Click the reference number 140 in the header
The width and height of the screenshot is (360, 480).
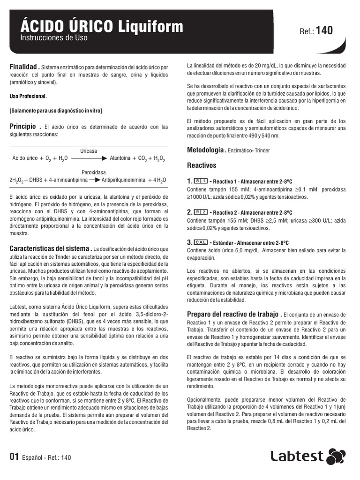tap(324, 31)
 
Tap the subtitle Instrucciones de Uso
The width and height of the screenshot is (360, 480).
tap(54, 38)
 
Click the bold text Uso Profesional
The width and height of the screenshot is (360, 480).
tap(28, 96)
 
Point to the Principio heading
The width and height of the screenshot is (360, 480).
tap(22, 127)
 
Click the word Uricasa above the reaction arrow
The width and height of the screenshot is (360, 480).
tap(89, 151)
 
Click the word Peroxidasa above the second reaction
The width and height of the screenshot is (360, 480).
tap(94, 172)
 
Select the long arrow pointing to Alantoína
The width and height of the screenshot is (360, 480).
tap(89, 158)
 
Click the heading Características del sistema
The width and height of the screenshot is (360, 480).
tap(50, 248)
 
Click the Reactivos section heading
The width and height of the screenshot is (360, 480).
tap(202, 165)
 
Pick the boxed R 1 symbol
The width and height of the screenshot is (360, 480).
tap(201, 181)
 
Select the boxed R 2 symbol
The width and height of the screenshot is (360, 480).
tap(201, 212)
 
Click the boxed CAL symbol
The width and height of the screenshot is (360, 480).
tap(201, 242)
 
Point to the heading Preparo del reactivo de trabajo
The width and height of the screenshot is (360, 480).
tap(234, 314)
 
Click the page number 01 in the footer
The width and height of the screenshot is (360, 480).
tap(14, 457)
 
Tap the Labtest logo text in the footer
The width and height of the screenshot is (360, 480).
tap(297, 457)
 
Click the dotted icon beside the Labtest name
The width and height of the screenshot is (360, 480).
tap(335, 457)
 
